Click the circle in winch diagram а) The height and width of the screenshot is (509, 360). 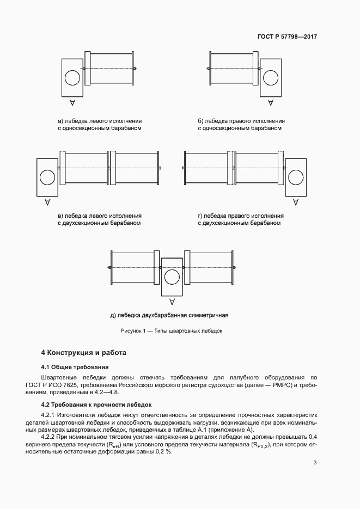tap(72, 78)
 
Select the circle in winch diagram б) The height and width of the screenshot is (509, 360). tap(270, 78)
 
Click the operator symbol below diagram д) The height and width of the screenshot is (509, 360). tap(172, 301)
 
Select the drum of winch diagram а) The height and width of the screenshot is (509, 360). tap(111, 69)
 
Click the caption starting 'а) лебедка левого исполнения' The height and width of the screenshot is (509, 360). tap(100, 121)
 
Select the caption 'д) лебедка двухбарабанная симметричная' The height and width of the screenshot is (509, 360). tap(169, 315)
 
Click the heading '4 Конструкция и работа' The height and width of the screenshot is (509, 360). tap(84, 353)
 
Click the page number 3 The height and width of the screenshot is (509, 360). tap(315, 463)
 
